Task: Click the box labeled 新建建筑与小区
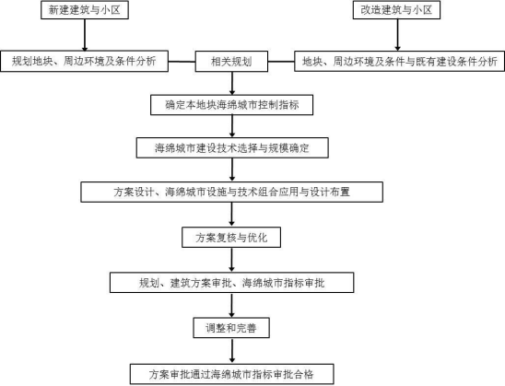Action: coord(85,9)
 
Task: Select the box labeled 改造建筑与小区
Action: coord(396,9)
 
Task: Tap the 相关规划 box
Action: coord(231,61)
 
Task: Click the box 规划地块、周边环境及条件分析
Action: coord(85,61)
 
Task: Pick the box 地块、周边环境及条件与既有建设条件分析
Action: coord(399,61)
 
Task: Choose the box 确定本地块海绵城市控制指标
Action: coord(232,105)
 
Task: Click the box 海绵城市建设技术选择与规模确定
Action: coord(232,147)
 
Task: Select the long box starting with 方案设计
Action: coord(232,192)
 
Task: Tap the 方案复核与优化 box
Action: coord(231,238)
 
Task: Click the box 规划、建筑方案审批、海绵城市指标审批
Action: coord(232,283)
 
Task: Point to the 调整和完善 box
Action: coord(231,328)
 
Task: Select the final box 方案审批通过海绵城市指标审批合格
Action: coord(232,374)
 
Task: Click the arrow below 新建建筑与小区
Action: coord(85,35)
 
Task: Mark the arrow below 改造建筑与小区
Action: coord(397,35)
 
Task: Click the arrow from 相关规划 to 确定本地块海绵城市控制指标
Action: coord(232,83)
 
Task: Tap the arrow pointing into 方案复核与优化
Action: coord(231,215)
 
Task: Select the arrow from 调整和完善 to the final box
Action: coord(232,351)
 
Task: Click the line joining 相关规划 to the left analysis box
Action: coord(182,61)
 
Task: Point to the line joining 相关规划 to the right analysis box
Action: coord(281,61)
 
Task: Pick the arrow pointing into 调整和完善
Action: coord(231,305)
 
